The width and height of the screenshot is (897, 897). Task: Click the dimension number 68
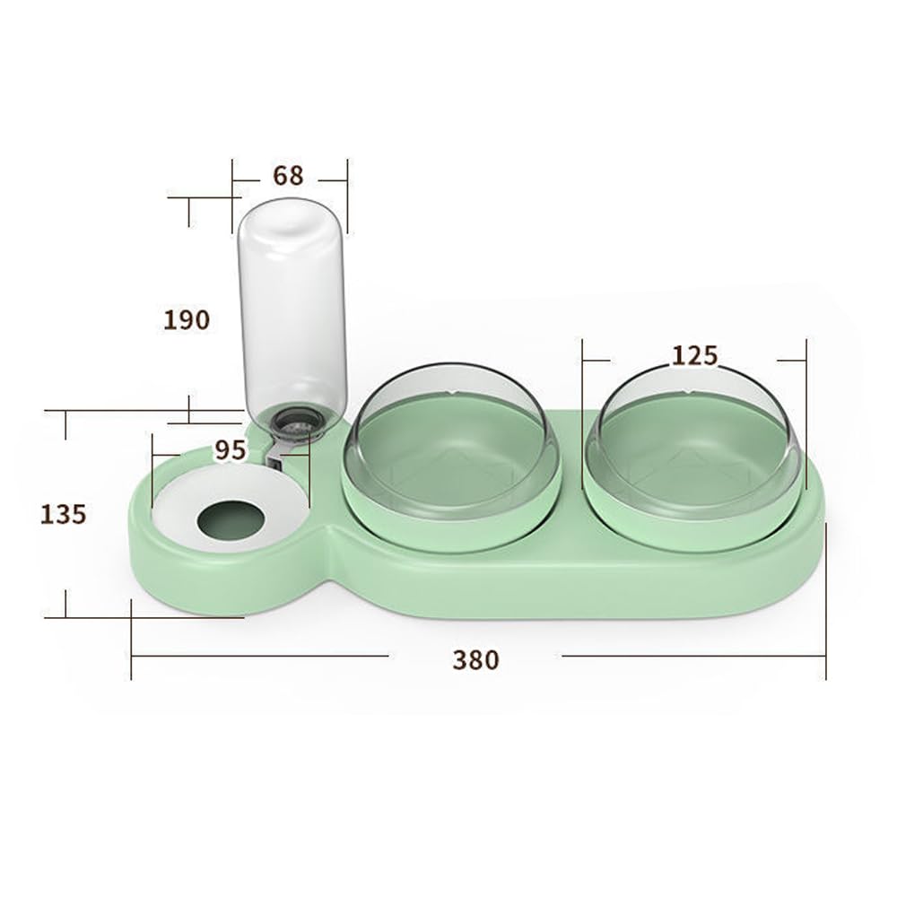tap(288, 176)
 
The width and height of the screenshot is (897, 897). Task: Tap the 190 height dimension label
tap(187, 319)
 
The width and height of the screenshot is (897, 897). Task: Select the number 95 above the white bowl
tap(230, 450)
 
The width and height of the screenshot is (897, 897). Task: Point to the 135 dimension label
tap(63, 514)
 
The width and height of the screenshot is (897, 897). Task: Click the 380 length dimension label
tap(475, 659)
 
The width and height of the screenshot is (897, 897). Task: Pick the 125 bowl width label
tap(694, 356)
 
